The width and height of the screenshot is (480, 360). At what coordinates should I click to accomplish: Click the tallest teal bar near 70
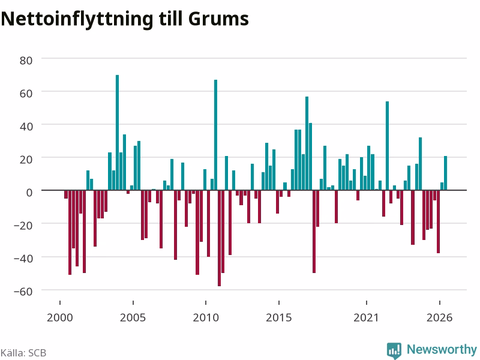click(x=117, y=133)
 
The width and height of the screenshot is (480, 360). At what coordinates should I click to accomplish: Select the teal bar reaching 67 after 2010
click(x=215, y=135)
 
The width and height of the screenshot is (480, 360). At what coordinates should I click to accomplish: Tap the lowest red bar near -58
click(x=219, y=238)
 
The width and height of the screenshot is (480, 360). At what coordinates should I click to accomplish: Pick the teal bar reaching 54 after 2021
click(x=387, y=146)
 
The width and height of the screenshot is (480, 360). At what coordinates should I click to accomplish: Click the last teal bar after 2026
click(x=445, y=173)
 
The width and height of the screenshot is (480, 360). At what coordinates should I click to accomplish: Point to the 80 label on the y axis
click(x=26, y=61)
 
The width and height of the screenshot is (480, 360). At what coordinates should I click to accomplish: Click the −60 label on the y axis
click(x=23, y=292)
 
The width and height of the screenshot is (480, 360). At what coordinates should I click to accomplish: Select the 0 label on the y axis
click(x=29, y=193)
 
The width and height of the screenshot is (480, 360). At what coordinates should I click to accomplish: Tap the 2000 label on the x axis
click(x=59, y=317)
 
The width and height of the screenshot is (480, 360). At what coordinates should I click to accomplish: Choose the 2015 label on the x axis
click(x=279, y=317)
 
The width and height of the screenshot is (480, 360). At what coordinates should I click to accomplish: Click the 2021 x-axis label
click(x=366, y=317)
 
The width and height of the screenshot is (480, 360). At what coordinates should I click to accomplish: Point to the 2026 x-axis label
click(x=440, y=317)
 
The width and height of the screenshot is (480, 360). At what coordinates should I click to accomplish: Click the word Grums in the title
click(x=218, y=19)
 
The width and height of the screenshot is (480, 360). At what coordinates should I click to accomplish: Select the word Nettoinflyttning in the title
click(x=77, y=20)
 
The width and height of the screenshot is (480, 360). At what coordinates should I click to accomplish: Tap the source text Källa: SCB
click(x=23, y=353)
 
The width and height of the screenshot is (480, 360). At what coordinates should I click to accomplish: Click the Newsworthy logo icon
click(x=394, y=350)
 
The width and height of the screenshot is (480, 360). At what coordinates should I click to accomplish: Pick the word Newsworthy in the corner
click(x=442, y=349)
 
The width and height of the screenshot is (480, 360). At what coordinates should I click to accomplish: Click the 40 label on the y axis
click(x=26, y=127)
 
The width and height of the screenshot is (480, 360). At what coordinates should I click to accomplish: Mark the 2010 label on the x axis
click(x=206, y=317)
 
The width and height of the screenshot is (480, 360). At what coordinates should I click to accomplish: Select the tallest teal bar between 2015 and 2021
click(x=307, y=143)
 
